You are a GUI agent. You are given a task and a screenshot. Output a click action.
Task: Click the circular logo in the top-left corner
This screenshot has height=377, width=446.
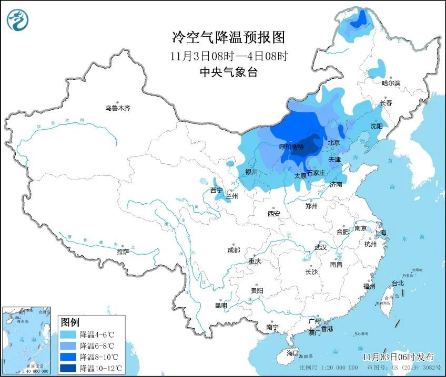click(18, 19)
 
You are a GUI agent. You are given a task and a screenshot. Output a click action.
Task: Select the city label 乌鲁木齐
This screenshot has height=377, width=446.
click(117, 109)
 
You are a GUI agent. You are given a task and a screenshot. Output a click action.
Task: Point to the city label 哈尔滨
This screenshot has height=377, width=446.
click(391, 83)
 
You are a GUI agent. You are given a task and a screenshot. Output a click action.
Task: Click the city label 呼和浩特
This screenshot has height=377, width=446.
click(291, 147)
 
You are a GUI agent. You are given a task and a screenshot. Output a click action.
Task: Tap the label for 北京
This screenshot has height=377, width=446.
click(334, 143)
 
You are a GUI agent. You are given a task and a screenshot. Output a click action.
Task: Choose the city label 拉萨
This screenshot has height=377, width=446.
click(123, 252)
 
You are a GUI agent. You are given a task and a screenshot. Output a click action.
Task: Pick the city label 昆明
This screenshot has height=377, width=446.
click(221, 306)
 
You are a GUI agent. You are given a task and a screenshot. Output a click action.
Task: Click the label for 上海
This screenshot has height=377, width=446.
click(380, 233)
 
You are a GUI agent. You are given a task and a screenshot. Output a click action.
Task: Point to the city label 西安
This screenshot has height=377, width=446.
click(273, 214)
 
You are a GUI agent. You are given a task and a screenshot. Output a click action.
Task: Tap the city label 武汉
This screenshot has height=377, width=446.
click(320, 247)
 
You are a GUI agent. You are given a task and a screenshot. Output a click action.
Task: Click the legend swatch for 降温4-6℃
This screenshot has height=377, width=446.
click(68, 334)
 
